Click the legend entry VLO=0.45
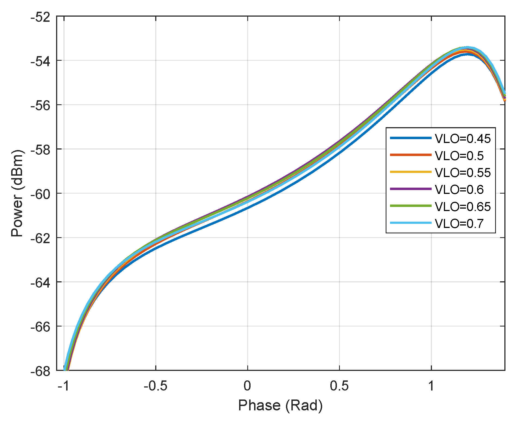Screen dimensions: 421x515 pyautogui.click(x=463, y=139)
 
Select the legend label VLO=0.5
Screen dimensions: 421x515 pyautogui.click(x=459, y=156)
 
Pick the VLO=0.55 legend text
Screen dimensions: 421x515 pyautogui.click(x=463, y=173)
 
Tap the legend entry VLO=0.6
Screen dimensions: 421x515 pyautogui.click(x=459, y=190)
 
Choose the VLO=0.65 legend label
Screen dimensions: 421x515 pyautogui.click(x=463, y=207)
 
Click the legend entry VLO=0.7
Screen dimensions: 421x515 pyautogui.click(x=459, y=224)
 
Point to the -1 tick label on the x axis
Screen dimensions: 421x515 pyautogui.click(x=64, y=386)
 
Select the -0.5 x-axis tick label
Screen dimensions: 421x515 pyautogui.click(x=156, y=386)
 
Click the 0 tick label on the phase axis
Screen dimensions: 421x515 pyautogui.click(x=247, y=386)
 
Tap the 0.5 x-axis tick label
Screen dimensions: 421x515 pyautogui.click(x=339, y=386)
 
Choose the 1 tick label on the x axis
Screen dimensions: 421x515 pyautogui.click(x=431, y=386)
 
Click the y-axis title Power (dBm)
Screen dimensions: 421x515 pyautogui.click(x=17, y=193)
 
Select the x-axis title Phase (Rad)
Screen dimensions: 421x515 pyautogui.click(x=280, y=405)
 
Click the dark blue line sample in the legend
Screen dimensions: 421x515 pyautogui.click(x=410, y=138)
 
